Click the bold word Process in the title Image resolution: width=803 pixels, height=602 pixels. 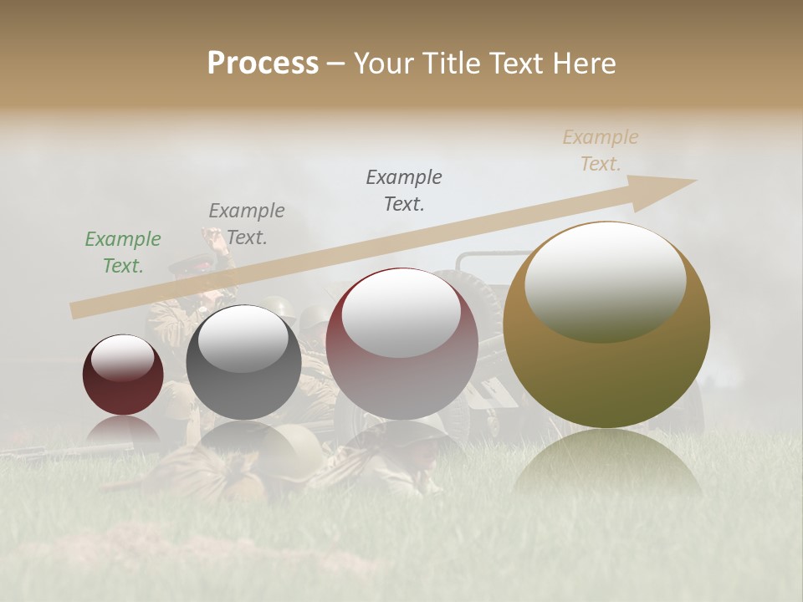(x=263, y=64)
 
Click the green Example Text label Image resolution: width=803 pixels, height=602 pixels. (x=123, y=253)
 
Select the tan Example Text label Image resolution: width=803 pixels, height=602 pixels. (x=601, y=150)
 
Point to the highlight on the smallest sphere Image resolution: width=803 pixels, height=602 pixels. (x=122, y=359)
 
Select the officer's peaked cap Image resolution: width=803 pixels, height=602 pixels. (x=179, y=266)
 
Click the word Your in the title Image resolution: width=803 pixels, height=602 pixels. (x=381, y=64)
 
